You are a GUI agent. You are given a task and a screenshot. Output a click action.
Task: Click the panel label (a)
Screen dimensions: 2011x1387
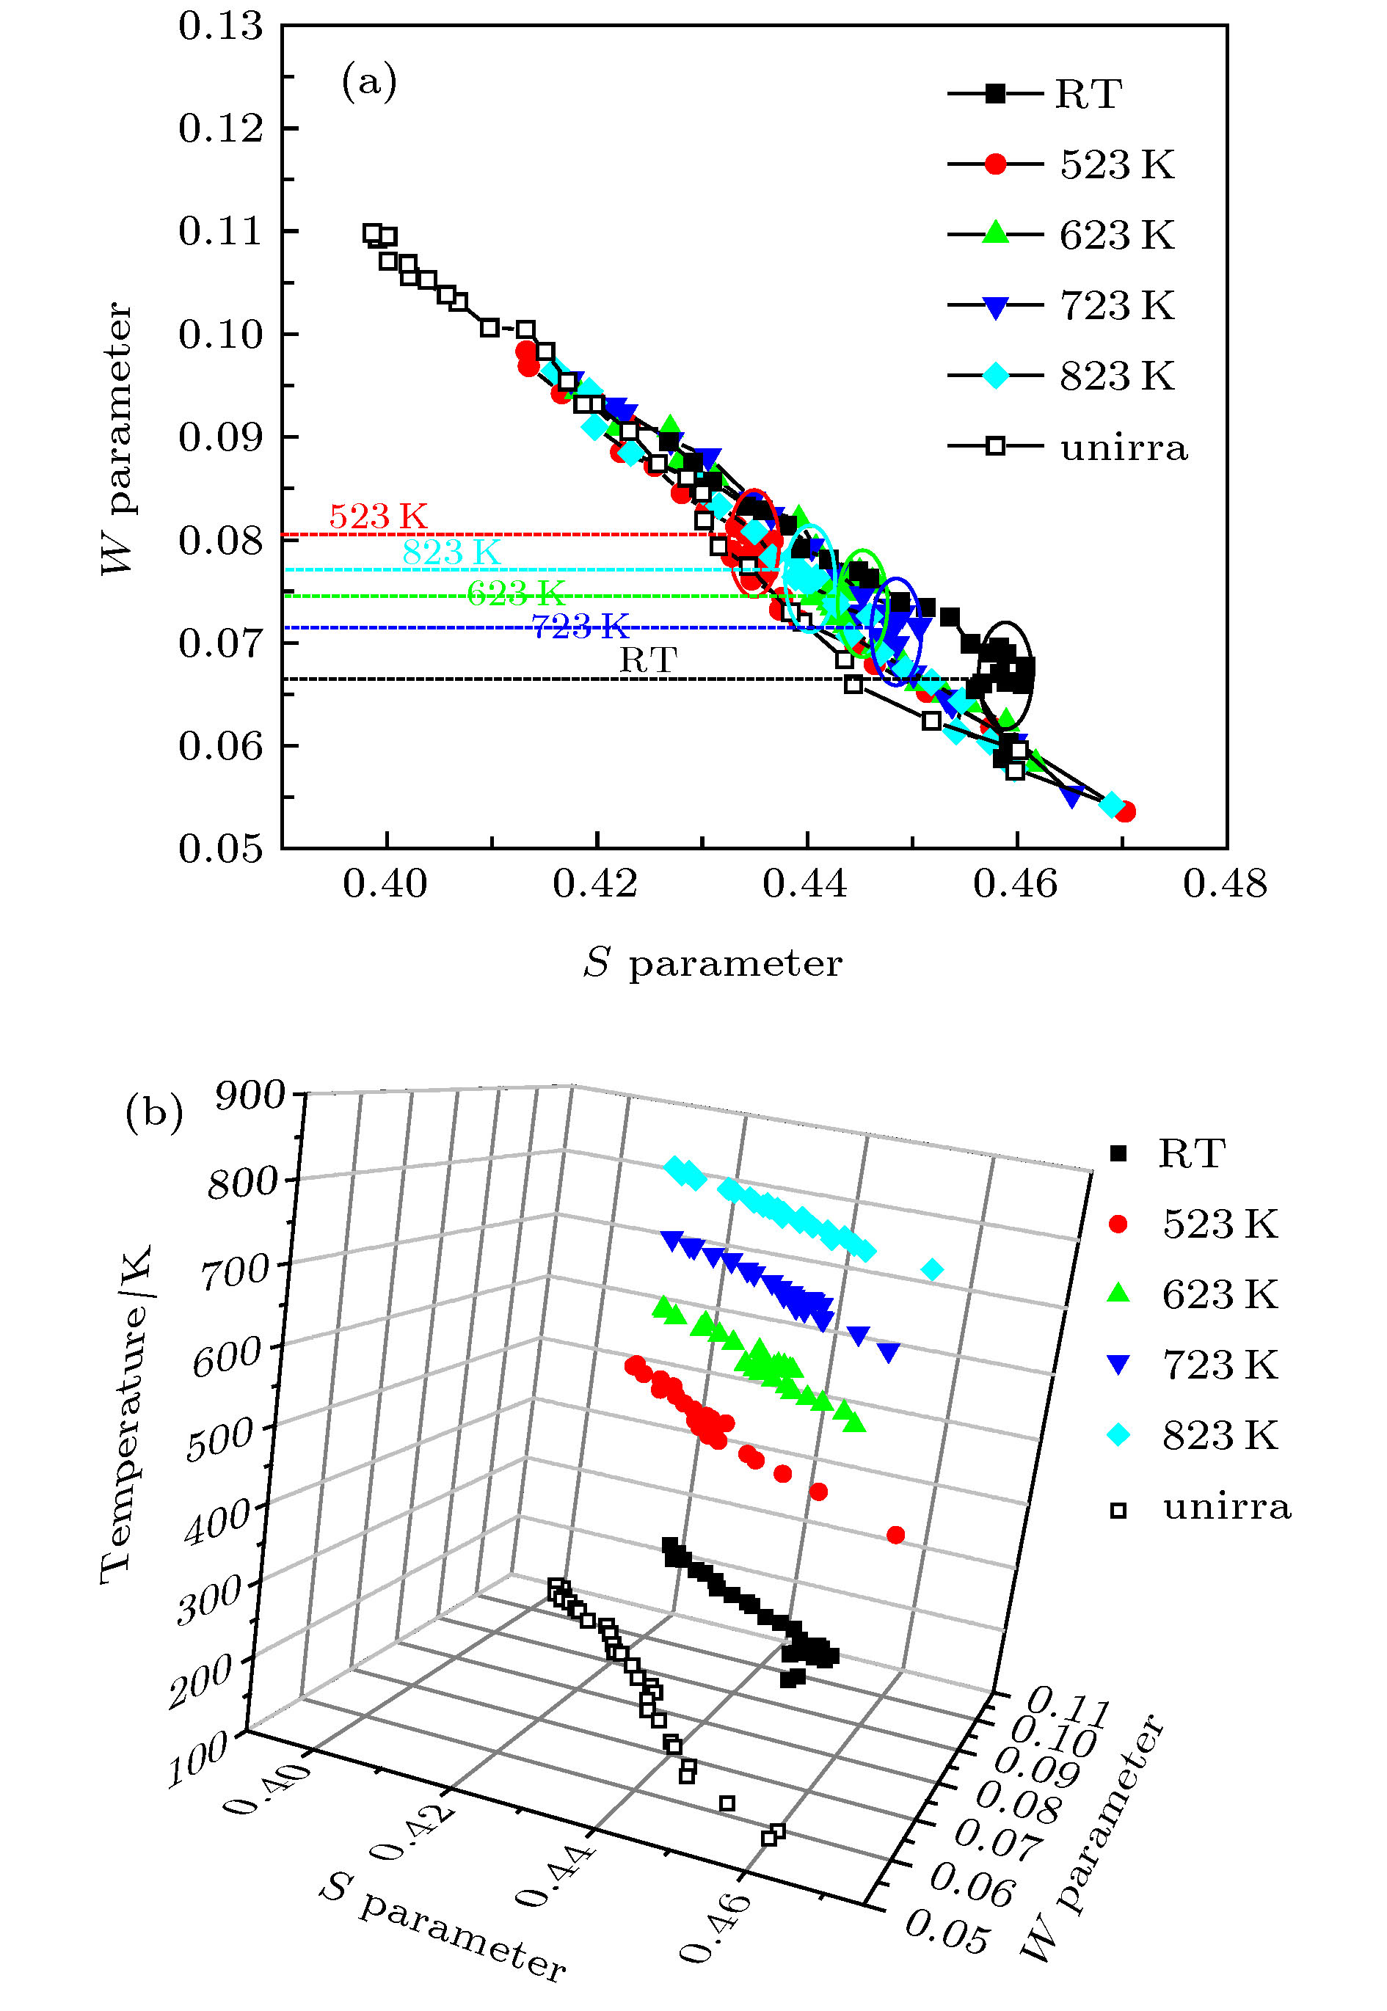coord(368,81)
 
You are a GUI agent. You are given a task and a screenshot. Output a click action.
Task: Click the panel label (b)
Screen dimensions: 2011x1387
coord(154,1113)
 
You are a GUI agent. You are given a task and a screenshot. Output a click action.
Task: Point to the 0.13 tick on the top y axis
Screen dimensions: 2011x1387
coord(220,26)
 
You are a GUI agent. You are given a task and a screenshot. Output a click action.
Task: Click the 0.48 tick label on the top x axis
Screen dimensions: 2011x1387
coord(1225,884)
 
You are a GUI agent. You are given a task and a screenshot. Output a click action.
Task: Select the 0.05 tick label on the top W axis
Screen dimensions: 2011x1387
coord(220,848)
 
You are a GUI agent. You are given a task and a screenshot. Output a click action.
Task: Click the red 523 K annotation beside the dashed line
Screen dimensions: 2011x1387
coord(378,516)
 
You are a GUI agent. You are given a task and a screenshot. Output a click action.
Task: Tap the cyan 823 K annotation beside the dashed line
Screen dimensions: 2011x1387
coord(451,552)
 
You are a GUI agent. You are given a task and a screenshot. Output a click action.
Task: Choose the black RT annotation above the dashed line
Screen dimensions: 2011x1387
coord(647,660)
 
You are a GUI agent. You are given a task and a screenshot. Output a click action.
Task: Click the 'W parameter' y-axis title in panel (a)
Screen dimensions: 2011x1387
coord(117,438)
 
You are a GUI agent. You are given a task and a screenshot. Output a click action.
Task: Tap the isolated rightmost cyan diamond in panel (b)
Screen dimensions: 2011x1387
coord(931,1270)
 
